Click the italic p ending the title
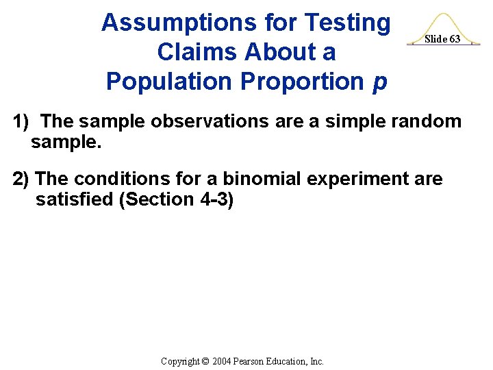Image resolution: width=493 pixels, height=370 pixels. (379, 83)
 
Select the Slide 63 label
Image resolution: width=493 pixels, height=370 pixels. (442, 39)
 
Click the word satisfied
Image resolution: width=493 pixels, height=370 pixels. (74, 199)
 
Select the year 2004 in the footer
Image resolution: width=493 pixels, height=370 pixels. (223, 361)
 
